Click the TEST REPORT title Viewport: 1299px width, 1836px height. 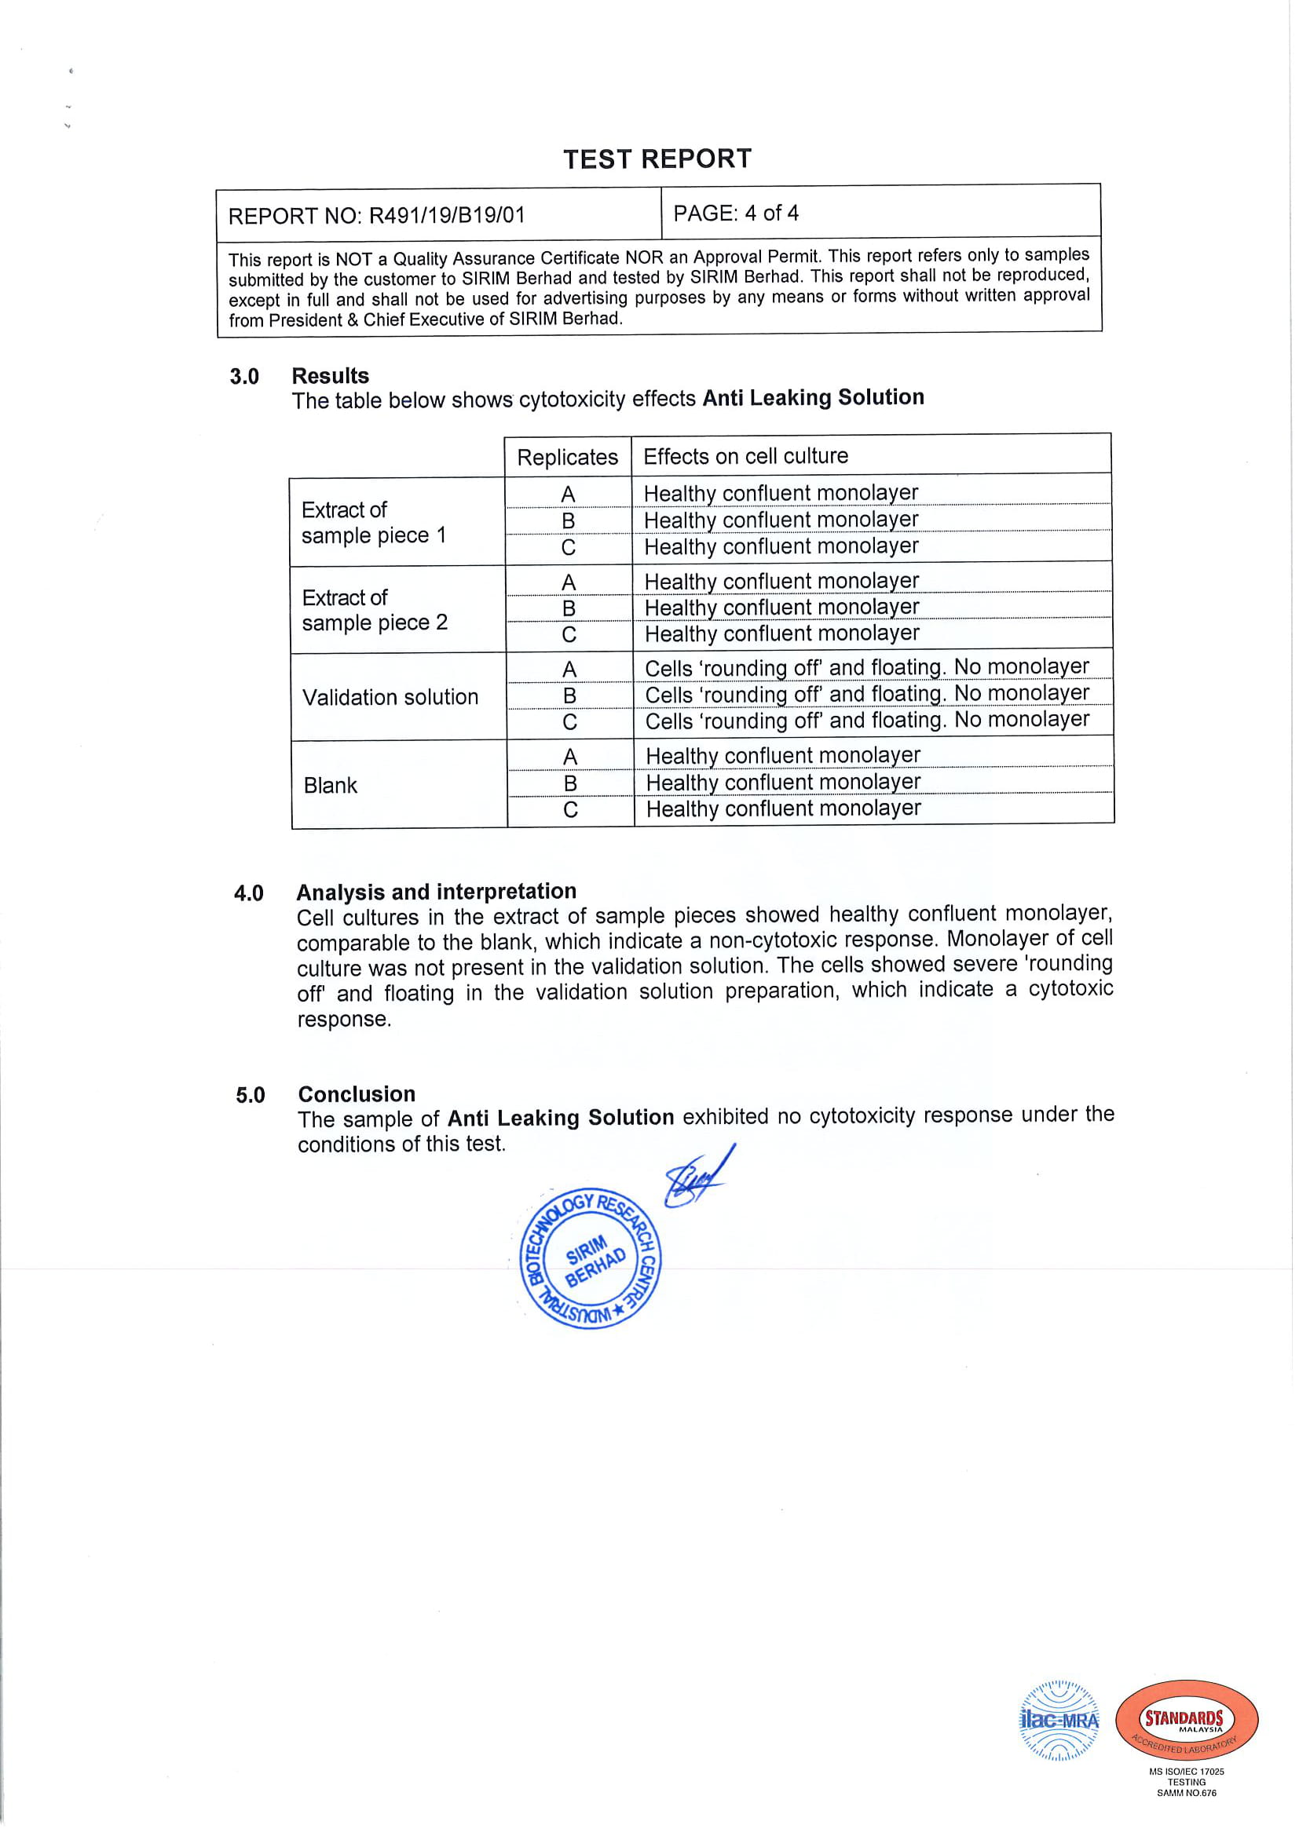tap(657, 159)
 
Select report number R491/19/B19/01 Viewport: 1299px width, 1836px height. tap(377, 215)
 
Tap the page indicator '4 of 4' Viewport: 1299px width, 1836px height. tap(771, 213)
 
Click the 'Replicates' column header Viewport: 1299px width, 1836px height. tap(567, 458)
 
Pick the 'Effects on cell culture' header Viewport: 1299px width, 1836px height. tap(745, 456)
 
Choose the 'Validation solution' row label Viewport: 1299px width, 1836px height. tap(390, 697)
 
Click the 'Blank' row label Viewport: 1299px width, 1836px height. tap(331, 785)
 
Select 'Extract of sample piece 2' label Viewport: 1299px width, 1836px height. tap(375, 610)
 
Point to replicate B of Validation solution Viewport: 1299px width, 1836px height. tap(569, 695)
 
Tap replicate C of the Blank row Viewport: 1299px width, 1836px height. tap(570, 810)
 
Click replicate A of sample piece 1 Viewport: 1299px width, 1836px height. tap(568, 495)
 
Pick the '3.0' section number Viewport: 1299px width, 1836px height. tap(244, 377)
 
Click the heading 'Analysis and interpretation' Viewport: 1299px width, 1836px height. tap(436, 892)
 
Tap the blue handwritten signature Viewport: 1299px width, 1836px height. tap(698, 1177)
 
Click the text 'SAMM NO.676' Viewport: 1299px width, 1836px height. tap(1186, 1793)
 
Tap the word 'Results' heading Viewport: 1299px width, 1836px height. tap(331, 376)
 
